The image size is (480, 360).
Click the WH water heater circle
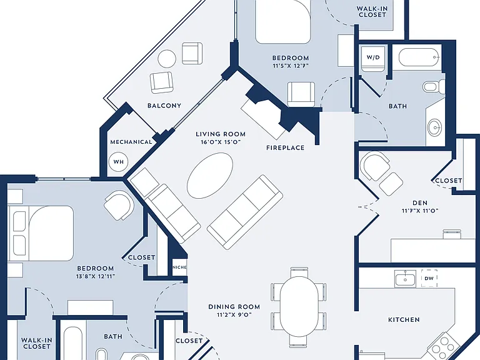pyautogui.click(x=119, y=162)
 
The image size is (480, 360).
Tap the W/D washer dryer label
pyautogui.click(x=373, y=57)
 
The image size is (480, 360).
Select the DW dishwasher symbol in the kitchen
pyautogui.click(x=429, y=278)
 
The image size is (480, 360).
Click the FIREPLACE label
pyautogui.click(x=285, y=148)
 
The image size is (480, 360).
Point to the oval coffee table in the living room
pyautogui.click(x=210, y=176)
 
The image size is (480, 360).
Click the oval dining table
pyautogui.click(x=299, y=307)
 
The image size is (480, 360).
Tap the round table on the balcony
pyautogui.click(x=167, y=59)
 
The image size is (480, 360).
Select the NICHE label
pyautogui.click(x=180, y=267)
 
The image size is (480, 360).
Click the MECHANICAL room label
pyautogui.click(x=131, y=142)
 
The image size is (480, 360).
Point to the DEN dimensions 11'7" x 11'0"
pyautogui.click(x=420, y=211)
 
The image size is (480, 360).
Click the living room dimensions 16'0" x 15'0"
pyautogui.click(x=221, y=142)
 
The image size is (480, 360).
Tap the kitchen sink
pyautogui.click(x=405, y=279)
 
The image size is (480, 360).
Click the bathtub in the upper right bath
pyautogui.click(x=419, y=57)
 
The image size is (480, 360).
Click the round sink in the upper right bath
pyautogui.click(x=435, y=127)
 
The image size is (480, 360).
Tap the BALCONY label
pyautogui.click(x=164, y=106)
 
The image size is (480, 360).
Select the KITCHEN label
pyautogui.click(x=404, y=319)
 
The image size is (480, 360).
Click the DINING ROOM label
pyautogui.click(x=234, y=307)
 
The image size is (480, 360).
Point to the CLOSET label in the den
pyautogui.click(x=449, y=181)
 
